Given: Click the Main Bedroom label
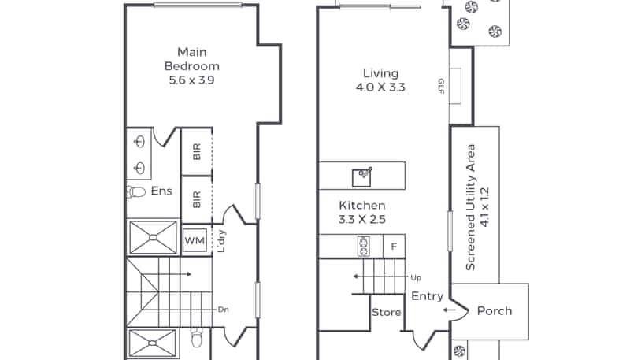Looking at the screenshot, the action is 192,59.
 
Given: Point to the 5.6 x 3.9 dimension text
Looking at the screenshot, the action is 191,80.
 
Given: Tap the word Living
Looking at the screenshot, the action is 380,73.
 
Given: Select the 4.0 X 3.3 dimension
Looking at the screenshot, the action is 380,87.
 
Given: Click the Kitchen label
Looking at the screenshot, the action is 362,206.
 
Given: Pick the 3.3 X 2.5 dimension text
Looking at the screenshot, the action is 362,219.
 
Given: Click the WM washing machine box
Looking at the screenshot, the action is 195,241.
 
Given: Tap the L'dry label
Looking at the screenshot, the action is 221,241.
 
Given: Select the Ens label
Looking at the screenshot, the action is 161,191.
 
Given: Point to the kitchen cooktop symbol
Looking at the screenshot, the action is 364,247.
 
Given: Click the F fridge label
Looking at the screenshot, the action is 395,247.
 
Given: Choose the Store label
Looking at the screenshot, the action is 386,312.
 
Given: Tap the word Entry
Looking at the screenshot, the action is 427,296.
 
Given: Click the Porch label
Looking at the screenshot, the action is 495,310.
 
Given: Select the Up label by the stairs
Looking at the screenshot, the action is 416,277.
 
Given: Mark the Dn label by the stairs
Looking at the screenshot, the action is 224,310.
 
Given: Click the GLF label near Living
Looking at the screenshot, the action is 441,86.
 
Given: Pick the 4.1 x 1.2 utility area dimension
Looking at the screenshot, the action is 485,207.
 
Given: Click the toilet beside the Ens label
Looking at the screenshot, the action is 136,192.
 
